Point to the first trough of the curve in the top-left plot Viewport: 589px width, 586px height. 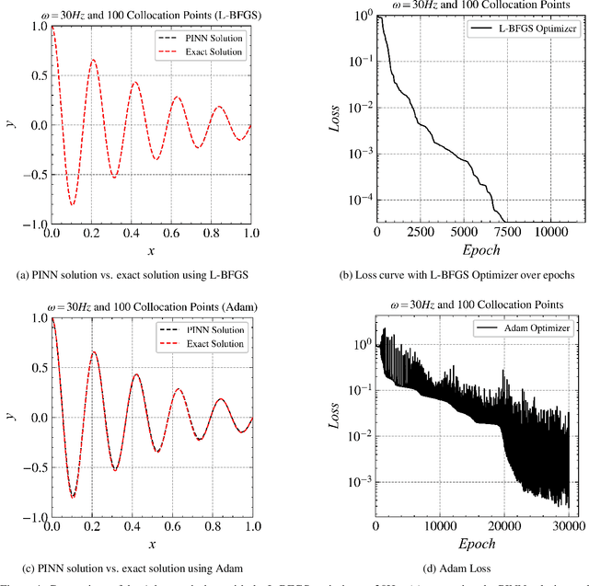pyautogui.click(x=72, y=204)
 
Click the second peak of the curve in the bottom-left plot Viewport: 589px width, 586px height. pyautogui.click(x=93, y=351)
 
